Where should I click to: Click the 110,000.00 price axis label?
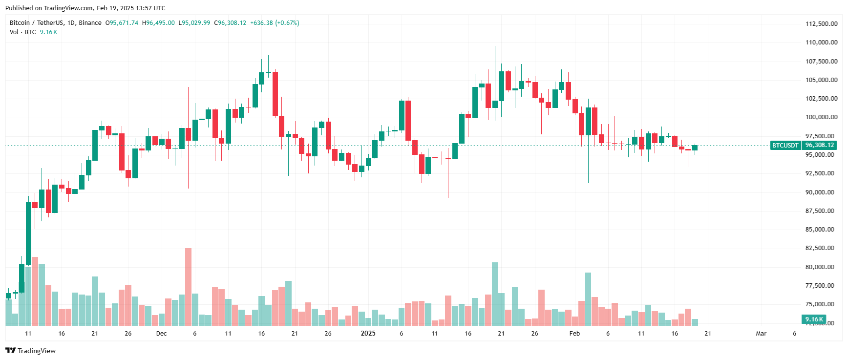tap(821, 42)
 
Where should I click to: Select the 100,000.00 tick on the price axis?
tap(821, 117)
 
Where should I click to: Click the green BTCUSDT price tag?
tap(785, 145)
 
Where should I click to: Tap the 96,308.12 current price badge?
tap(819, 145)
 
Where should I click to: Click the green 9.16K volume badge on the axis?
tap(814, 319)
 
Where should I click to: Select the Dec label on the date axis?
tap(161, 334)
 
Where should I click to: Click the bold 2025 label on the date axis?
tap(368, 333)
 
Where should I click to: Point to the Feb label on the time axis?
tap(574, 334)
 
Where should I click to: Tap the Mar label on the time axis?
tap(761, 334)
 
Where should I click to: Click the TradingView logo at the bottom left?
tap(31, 351)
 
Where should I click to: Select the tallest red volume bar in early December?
tap(188, 287)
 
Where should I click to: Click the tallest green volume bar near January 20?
tap(495, 294)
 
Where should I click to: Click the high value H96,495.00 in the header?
tap(158, 23)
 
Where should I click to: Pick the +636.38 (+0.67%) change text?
tap(275, 23)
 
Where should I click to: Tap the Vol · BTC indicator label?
tap(23, 32)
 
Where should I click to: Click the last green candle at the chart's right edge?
tap(695, 148)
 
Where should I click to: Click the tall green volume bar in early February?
tap(588, 299)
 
